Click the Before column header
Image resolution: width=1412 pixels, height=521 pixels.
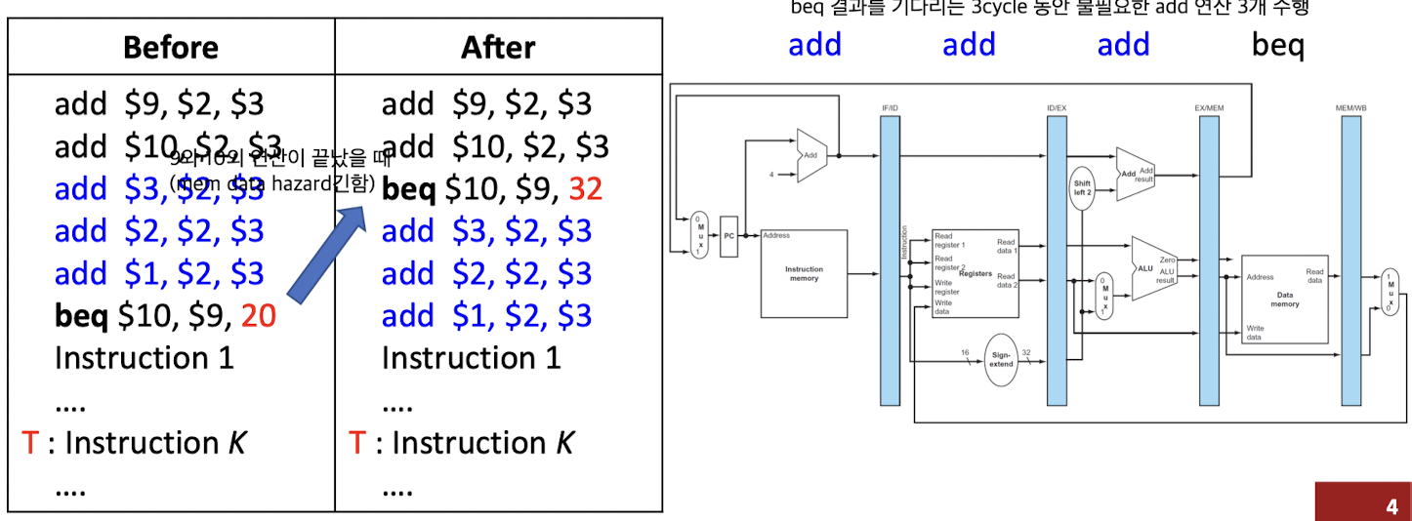[x=171, y=48]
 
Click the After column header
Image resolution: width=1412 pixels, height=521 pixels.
[x=498, y=48]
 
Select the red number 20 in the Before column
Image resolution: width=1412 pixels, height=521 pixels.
[x=259, y=315]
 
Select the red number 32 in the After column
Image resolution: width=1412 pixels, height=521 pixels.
[x=585, y=188]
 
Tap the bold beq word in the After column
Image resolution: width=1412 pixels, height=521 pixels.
[x=408, y=188]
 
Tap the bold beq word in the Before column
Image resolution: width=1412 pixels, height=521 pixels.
[x=81, y=315]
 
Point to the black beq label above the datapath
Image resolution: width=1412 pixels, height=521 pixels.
[x=1277, y=45]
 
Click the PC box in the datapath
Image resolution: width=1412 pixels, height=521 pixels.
[x=728, y=236]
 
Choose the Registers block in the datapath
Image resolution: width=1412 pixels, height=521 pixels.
[x=974, y=274]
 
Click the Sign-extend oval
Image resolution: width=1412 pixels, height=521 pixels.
[x=1001, y=359]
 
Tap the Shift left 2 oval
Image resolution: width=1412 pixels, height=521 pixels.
[x=1081, y=188]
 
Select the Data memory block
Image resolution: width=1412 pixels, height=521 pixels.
[x=1284, y=299]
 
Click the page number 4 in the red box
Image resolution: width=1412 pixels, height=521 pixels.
[x=1391, y=506]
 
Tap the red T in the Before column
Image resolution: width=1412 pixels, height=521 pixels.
[x=29, y=443]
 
